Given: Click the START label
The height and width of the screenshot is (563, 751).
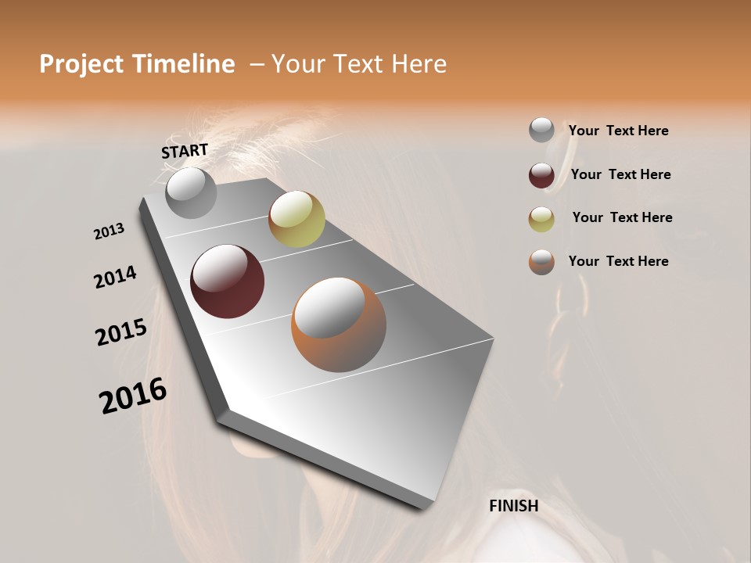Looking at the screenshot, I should [185, 151].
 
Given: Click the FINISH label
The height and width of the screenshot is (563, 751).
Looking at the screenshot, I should [513, 506].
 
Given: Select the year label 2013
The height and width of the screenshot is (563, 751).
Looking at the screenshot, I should [110, 231].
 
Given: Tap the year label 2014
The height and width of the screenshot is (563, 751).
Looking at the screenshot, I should [116, 277].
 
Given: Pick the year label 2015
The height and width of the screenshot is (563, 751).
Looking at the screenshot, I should [121, 332].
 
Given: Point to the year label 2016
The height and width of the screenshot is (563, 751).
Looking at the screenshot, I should [133, 396].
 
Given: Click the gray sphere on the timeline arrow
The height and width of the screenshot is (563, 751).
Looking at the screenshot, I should [192, 192].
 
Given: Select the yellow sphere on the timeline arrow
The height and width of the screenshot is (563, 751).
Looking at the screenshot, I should [296, 219].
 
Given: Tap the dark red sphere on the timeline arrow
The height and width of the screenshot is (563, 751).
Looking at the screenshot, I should [228, 281].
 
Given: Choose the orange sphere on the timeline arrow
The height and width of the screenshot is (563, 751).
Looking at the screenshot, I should [338, 325].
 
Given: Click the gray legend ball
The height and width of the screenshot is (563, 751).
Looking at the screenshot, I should [541, 130].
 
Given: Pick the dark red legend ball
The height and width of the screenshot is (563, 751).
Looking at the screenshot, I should [541, 175].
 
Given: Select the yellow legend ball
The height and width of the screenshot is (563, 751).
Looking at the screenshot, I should [541, 219].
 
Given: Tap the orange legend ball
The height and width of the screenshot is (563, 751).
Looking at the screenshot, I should [541, 262].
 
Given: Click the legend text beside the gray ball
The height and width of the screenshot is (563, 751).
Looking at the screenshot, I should [618, 131].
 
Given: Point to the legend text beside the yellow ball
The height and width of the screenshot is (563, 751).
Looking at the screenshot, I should [622, 217].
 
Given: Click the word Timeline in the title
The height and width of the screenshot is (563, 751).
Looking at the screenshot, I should [184, 64].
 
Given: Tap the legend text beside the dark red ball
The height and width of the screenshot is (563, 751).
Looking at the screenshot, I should [620, 174].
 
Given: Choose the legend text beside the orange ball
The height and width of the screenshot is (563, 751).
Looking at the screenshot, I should [618, 261].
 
